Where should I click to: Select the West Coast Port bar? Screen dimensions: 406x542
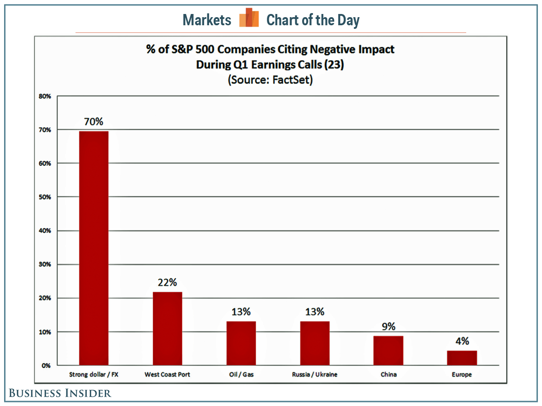tap(167, 328)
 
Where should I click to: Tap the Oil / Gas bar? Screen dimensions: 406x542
tap(241, 343)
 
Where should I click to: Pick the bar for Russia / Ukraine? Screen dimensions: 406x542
tap(314, 343)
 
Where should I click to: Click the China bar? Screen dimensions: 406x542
tap(388, 351)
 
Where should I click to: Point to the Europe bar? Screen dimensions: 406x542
tap(462, 358)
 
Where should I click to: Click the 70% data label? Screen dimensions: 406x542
tap(93, 121)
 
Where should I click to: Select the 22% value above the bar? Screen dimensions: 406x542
tap(167, 282)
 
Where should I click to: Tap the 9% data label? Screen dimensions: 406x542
tap(388, 326)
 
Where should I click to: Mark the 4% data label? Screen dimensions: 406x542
tap(462, 341)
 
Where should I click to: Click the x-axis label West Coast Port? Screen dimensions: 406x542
tap(167, 374)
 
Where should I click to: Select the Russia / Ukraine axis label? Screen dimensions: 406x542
tap(314, 374)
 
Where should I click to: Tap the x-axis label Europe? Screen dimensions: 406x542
tap(462, 374)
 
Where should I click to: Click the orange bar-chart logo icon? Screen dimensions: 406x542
tap(249, 18)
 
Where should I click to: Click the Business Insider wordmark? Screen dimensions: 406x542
tap(61, 393)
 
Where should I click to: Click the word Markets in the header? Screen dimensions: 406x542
tap(207, 20)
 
